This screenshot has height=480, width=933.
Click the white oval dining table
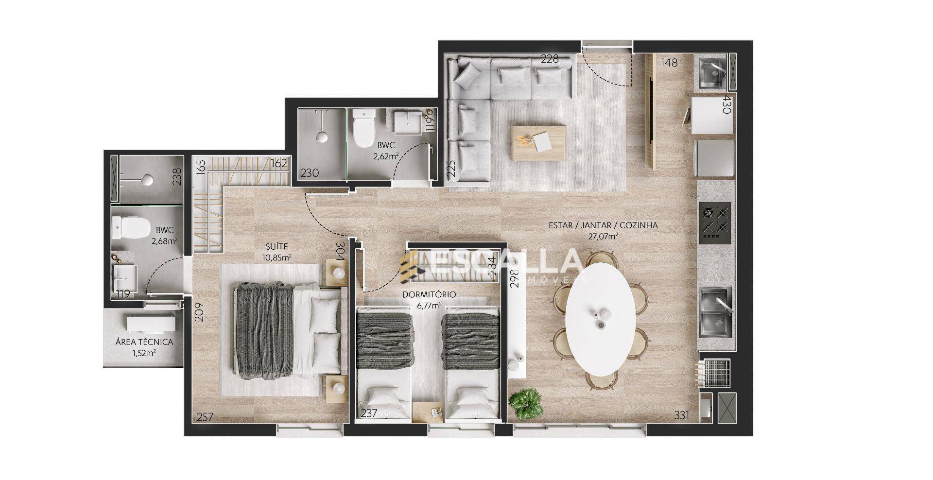click(x=601, y=319)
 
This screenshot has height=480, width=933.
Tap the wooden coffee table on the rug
click(x=538, y=143)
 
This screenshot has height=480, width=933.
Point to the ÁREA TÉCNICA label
click(x=144, y=342)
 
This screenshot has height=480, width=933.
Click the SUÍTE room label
click(x=277, y=247)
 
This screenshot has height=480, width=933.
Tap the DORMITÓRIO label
click(x=429, y=295)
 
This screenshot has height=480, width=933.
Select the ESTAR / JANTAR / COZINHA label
click(x=603, y=225)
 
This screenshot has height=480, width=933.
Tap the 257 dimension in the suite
click(x=206, y=417)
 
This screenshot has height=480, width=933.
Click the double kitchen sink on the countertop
click(x=715, y=312)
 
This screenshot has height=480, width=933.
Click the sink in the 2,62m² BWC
click(x=407, y=121)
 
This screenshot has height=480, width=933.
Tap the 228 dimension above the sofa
click(x=550, y=59)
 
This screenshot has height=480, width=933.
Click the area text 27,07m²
click(x=603, y=237)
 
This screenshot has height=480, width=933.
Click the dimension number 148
click(x=669, y=63)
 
